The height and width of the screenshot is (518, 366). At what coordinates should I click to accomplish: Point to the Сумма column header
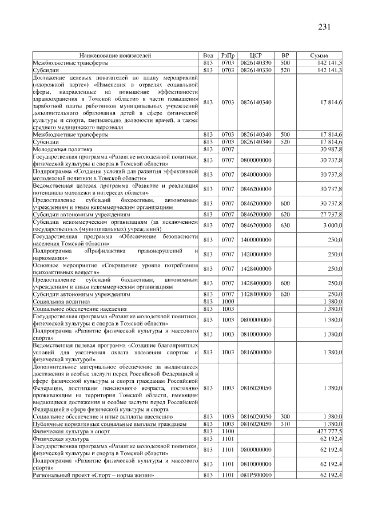click(319, 56)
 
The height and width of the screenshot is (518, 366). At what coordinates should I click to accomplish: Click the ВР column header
click(285, 56)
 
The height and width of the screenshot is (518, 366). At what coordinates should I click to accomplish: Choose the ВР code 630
click(285, 226)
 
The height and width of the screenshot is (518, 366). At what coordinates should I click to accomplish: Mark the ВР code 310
click(285, 424)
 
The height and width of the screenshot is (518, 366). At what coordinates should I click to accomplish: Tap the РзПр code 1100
click(228, 430)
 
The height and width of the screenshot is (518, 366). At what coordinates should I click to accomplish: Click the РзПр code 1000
click(228, 300)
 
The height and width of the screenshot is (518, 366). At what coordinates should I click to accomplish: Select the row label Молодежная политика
click(59, 149)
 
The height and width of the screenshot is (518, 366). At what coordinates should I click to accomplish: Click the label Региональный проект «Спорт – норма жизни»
click(93, 475)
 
